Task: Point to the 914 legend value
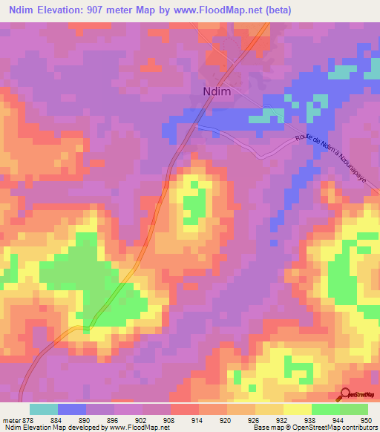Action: click(x=198, y=419)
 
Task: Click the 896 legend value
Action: click(x=114, y=419)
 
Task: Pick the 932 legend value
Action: click(x=283, y=419)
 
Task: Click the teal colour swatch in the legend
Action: click(x=44, y=409)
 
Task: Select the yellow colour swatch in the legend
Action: click(x=298, y=409)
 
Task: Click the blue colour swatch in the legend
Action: click(x=72, y=409)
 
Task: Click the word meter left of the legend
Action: click(x=10, y=419)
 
